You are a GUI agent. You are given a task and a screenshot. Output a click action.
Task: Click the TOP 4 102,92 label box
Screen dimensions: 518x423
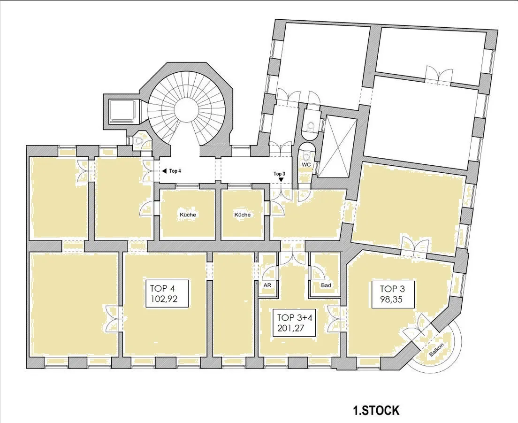(167, 294)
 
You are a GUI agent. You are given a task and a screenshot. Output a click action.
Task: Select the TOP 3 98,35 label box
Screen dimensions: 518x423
(393, 294)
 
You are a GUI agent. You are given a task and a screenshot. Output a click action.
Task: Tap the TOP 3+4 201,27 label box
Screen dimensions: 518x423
(294, 323)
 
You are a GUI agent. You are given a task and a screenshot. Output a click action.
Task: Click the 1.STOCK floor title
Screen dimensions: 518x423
(376, 411)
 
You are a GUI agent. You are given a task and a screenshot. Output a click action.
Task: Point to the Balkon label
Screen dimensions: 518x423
(436, 349)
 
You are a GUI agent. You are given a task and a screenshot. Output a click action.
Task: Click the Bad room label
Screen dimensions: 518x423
(326, 285)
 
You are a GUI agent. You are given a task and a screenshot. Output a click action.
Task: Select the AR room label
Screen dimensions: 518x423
(267, 285)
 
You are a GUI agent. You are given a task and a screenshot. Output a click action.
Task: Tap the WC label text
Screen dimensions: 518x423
(306, 165)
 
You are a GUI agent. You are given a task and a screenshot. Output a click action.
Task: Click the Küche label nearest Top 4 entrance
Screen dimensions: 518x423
(188, 215)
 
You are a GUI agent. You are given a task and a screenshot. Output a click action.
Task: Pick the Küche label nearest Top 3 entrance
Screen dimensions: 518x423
(243, 215)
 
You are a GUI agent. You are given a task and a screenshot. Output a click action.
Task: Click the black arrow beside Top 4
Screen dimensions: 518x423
(164, 171)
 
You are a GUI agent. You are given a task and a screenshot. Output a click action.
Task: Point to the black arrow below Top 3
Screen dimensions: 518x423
(281, 179)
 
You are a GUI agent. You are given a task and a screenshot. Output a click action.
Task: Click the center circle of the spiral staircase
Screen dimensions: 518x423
(186, 109)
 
